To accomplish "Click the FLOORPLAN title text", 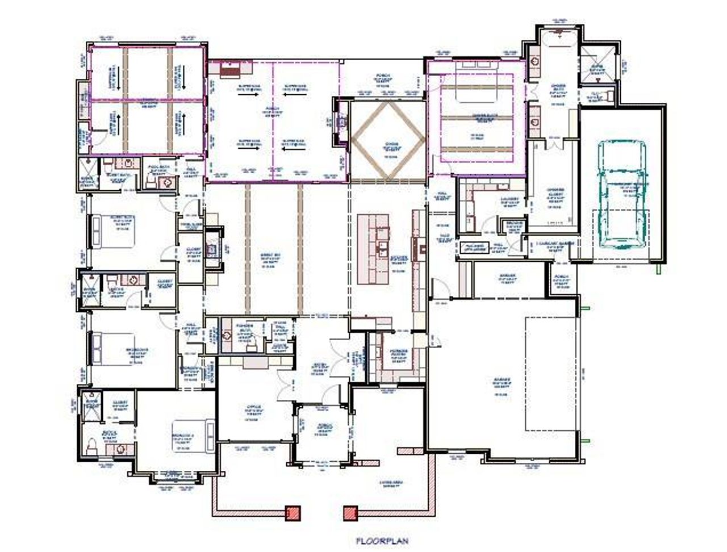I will (381, 541).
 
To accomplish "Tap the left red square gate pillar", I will (293, 513).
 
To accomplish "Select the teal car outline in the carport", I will (623, 193).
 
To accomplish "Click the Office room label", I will (253, 408).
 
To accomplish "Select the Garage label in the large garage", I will (501, 380).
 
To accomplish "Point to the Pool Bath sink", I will (166, 182).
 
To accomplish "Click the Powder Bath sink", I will (228, 336).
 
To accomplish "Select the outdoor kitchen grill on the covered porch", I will (231, 69).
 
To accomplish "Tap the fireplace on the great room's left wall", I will (212, 248).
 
